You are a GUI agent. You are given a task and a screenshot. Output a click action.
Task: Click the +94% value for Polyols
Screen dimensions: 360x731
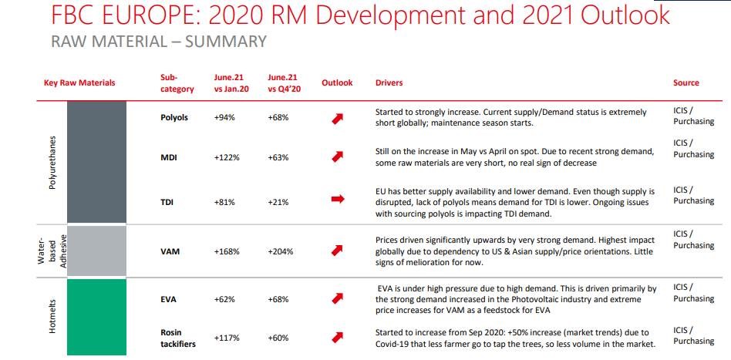tap(224, 118)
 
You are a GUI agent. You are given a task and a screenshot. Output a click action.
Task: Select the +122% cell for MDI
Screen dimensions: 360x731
tap(227, 157)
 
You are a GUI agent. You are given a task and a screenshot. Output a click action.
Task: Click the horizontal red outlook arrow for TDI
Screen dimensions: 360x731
tap(336, 199)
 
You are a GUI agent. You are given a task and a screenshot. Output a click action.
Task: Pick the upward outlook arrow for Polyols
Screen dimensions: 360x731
tap(336, 118)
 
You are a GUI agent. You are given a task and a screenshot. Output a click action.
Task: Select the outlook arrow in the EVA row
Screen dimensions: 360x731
tap(336, 298)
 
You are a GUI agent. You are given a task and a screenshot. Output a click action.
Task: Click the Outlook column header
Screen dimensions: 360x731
tap(337, 82)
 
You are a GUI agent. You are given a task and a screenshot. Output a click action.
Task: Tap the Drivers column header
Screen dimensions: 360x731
tap(389, 82)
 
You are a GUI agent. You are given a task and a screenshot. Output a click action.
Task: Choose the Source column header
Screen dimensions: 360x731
tap(686, 82)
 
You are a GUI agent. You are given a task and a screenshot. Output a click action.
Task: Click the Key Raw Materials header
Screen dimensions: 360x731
tap(79, 82)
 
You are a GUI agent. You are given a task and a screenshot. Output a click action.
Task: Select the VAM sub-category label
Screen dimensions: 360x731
tap(170, 251)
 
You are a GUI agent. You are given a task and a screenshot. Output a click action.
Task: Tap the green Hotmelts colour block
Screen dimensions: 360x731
tap(96, 315)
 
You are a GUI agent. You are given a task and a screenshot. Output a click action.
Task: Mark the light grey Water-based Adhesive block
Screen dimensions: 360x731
tap(96, 251)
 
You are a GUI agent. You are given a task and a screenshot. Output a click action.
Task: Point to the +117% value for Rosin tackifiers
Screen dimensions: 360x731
tap(227, 338)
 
